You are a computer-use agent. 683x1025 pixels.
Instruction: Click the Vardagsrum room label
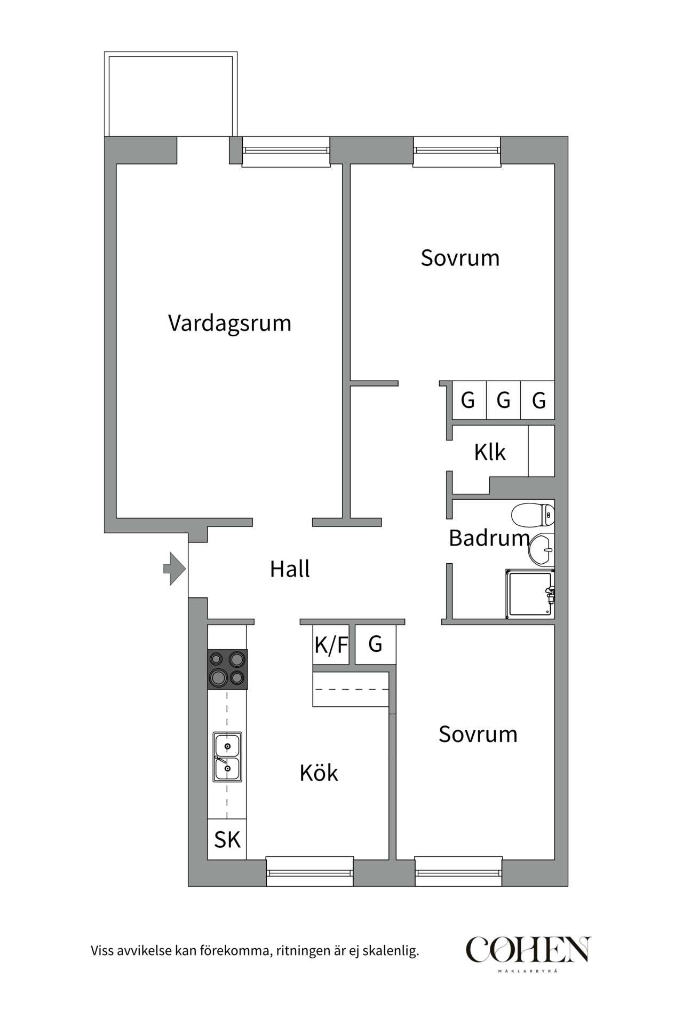coord(229,324)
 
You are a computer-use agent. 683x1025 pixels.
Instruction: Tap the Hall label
coord(290,569)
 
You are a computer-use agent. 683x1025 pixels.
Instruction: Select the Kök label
coord(319,773)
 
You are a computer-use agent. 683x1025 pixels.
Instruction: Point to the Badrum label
coord(489,538)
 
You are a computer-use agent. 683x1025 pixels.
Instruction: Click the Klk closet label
coord(489,453)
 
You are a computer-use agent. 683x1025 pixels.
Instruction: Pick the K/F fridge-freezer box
coord(331,645)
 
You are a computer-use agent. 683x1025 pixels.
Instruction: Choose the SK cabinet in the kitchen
coord(227,840)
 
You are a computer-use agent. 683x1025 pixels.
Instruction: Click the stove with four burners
coord(228,669)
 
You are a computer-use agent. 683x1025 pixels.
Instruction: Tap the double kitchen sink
coord(227,756)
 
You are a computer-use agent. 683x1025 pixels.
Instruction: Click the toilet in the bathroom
coord(534,515)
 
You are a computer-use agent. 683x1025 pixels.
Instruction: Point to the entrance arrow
coord(174,569)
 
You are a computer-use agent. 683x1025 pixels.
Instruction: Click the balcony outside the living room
coord(171,95)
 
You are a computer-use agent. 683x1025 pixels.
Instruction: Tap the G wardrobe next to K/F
coord(376,644)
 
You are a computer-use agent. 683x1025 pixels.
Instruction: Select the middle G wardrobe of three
coord(503,400)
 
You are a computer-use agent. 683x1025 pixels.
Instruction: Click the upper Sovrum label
coord(460,258)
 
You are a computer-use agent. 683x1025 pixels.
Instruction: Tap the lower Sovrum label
coord(478,735)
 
